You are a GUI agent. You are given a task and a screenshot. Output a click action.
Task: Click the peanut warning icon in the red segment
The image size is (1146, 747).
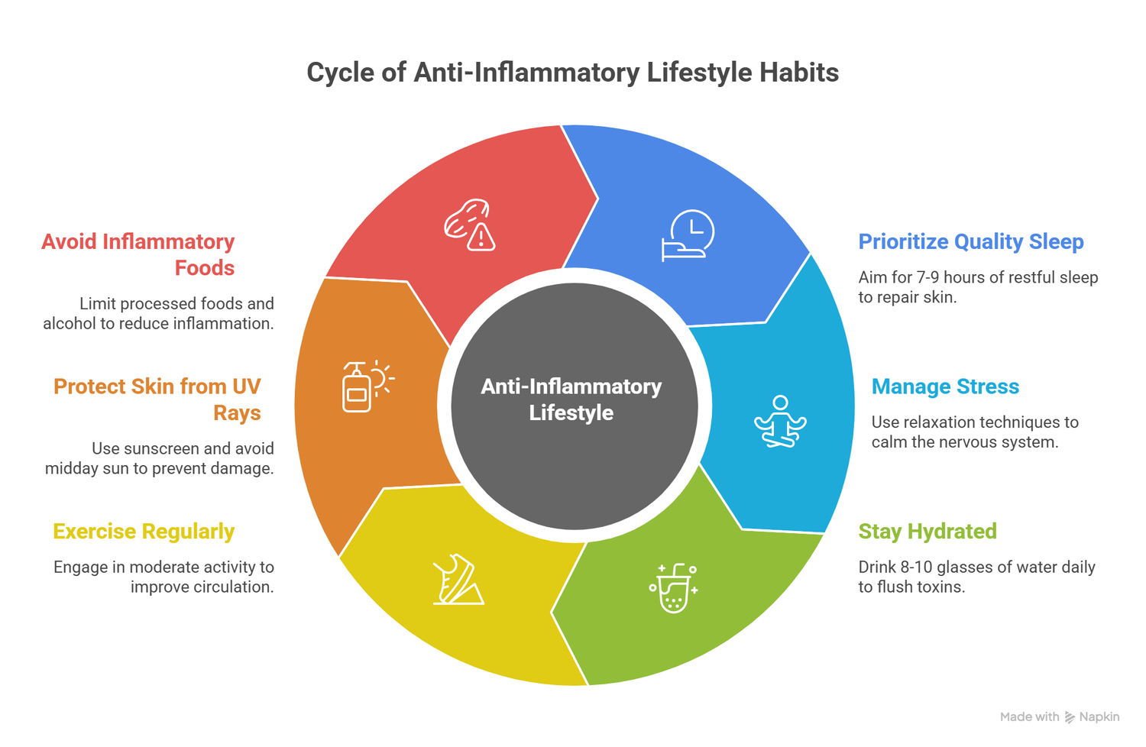click(470, 225)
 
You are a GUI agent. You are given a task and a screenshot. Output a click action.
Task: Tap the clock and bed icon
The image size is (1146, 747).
click(688, 235)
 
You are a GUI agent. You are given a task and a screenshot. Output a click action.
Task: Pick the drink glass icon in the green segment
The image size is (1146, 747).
click(673, 588)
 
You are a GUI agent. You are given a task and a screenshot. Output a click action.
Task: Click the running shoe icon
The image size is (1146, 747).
click(458, 580)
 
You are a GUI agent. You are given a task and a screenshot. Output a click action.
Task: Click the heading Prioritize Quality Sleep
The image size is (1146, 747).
click(970, 241)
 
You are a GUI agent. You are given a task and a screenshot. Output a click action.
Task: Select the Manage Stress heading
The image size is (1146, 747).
click(945, 386)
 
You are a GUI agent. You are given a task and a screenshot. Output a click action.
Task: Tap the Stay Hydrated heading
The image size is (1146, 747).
click(927, 532)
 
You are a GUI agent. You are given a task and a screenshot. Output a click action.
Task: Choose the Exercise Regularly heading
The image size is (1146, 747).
click(144, 532)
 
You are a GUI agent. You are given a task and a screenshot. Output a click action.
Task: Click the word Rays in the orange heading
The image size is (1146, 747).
click(237, 413)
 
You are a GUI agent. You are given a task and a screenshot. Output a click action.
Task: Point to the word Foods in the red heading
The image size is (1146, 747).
click(205, 268)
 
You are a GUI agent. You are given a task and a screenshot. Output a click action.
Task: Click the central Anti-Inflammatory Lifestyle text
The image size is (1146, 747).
click(571, 399)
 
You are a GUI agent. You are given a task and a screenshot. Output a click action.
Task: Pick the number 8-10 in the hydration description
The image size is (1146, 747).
click(911, 568)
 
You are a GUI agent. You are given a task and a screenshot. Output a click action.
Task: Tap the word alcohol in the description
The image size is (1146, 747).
click(70, 324)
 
